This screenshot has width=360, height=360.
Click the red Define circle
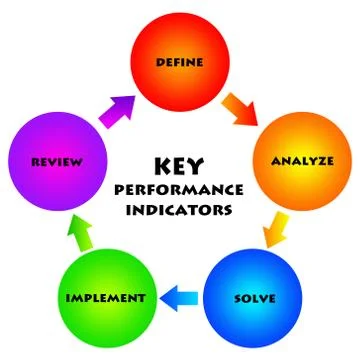click(180, 63)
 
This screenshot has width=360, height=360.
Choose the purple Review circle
click(56, 160)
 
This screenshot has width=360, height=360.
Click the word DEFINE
click(180, 63)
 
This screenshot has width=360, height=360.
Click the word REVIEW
click(56, 161)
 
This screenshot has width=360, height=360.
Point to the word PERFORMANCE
click(180, 189)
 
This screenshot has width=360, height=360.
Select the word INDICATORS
click(180, 211)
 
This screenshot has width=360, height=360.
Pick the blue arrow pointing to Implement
click(181, 296)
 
